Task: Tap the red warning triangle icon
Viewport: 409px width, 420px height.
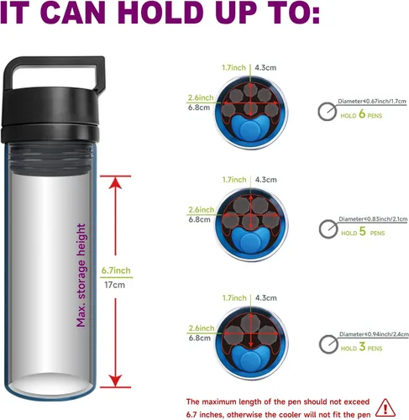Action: tap(385, 408)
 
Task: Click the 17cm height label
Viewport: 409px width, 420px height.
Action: tap(114, 285)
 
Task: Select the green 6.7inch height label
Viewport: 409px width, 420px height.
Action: tap(116, 270)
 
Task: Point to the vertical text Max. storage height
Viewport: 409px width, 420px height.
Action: tap(81, 276)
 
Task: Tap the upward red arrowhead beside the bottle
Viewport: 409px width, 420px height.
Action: tap(115, 183)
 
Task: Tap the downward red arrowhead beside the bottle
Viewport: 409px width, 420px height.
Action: tap(115, 381)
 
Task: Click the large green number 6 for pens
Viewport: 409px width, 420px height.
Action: tap(362, 114)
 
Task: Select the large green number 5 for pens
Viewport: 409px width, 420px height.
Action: tap(363, 231)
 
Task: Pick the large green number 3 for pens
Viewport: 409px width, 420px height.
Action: tap(362, 346)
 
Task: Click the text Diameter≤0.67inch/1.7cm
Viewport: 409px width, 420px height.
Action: tap(372, 101)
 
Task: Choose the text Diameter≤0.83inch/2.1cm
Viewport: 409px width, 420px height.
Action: tap(373, 219)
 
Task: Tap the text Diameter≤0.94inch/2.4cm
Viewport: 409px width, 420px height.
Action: tap(374, 334)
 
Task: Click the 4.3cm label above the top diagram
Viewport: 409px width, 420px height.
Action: tap(265, 68)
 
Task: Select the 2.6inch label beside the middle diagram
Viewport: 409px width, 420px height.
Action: tap(202, 209)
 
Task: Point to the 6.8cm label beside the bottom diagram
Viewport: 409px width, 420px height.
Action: tap(199, 338)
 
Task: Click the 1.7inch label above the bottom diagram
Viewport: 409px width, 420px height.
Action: tap(234, 298)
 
